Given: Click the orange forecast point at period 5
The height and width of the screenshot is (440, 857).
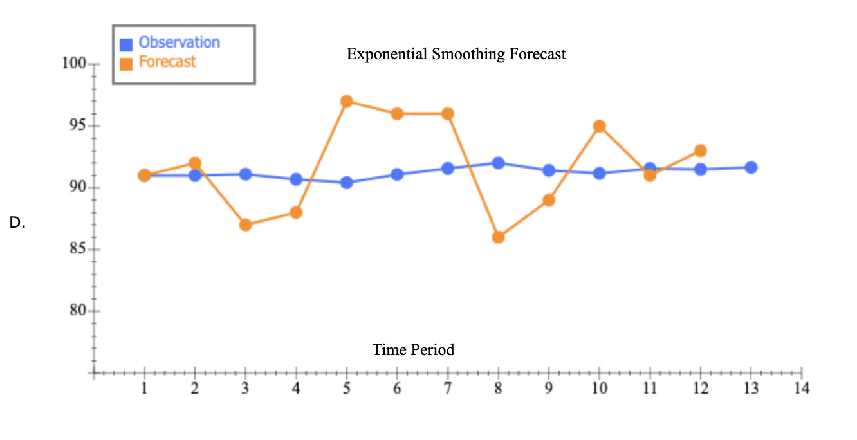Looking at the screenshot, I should tap(347, 101).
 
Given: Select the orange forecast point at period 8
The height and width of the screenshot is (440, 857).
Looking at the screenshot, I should tap(498, 237).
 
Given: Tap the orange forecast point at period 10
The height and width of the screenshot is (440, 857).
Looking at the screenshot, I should tap(599, 126).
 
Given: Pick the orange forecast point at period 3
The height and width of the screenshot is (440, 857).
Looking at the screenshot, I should tap(245, 225).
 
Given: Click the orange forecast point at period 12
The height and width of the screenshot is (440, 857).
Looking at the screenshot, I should tap(700, 151).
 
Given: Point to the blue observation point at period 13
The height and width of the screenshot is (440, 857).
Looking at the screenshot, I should tap(751, 167).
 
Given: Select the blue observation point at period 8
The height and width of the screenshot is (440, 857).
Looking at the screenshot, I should tap(498, 163).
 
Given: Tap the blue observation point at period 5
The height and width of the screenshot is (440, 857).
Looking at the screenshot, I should tap(347, 183).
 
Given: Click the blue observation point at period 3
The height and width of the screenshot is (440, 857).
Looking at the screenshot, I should tap(245, 174).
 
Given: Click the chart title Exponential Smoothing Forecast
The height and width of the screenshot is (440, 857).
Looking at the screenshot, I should tap(456, 54).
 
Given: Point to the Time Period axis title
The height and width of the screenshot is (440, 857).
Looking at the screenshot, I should tap(413, 350).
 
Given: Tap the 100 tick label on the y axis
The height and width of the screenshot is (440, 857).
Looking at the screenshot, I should tap(74, 64).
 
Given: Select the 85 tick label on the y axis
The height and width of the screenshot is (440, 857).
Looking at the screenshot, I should tap(77, 250).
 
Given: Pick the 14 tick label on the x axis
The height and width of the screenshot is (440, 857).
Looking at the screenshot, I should tap(801, 389).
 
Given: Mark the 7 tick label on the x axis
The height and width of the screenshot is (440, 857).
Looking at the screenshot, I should tap(447, 389).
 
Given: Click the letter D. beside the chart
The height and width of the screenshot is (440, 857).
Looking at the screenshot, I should tap(17, 223).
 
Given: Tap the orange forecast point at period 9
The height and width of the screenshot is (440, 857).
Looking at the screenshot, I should tap(549, 200).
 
